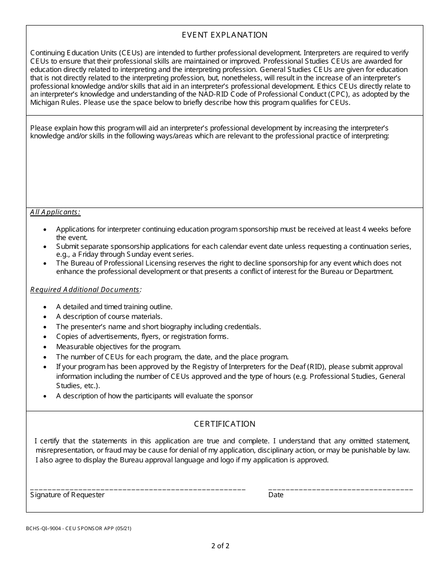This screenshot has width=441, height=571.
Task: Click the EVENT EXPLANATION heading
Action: tap(224, 35)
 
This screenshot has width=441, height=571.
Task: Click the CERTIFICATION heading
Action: tap(224, 424)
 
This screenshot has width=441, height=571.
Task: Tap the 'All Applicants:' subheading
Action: tap(55, 212)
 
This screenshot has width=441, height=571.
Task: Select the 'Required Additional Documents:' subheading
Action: tap(86, 290)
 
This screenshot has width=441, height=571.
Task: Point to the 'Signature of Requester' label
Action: tap(67, 495)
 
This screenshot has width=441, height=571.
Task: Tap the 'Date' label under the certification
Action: tap(276, 495)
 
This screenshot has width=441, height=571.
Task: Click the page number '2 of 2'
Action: tap(220, 546)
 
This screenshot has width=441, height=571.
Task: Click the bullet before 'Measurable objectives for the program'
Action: tap(45, 347)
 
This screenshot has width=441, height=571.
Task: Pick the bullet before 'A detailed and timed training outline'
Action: tap(45, 307)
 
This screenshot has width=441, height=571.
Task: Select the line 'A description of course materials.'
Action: tap(109, 317)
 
